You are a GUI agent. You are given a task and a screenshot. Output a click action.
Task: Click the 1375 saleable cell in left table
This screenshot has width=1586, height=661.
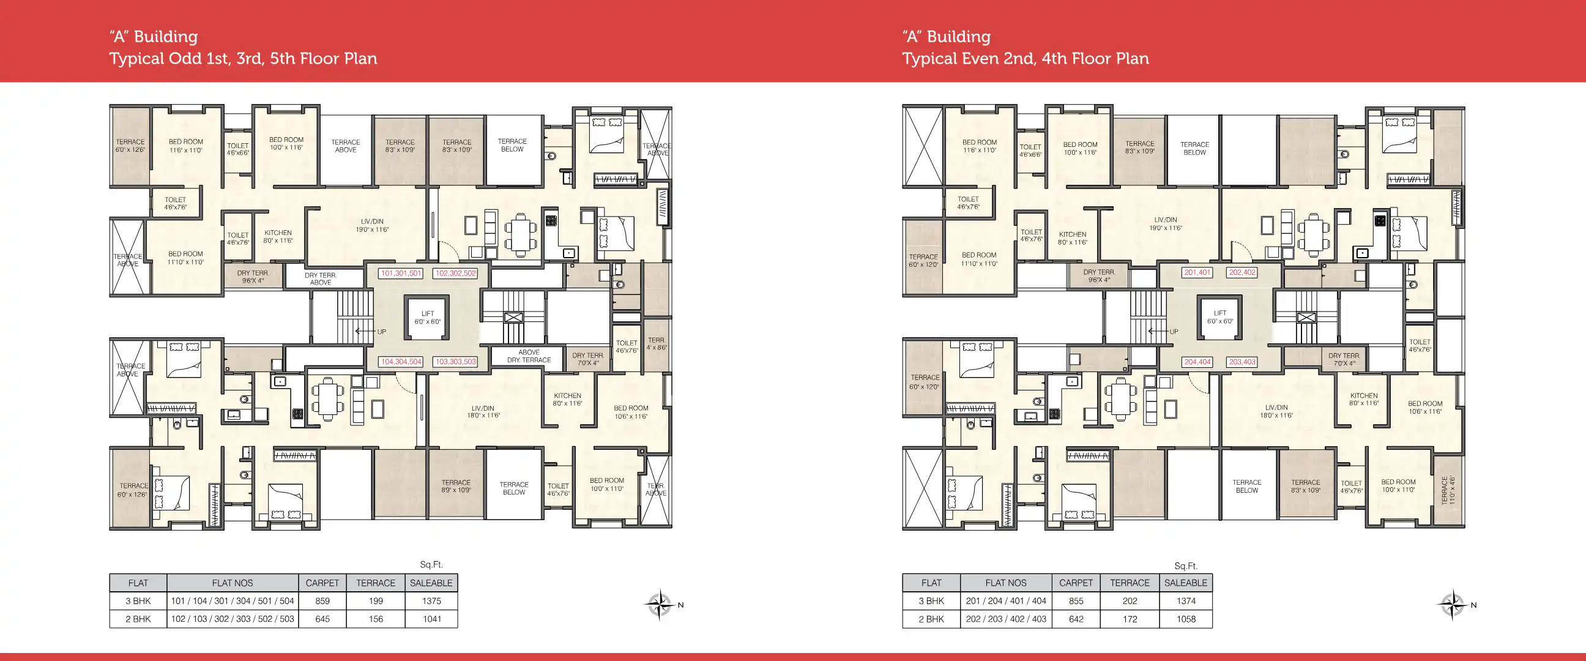(431, 600)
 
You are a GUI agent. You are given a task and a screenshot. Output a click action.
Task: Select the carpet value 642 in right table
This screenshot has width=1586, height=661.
(1076, 619)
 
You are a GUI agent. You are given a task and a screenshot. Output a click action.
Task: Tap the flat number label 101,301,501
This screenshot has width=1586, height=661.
(401, 273)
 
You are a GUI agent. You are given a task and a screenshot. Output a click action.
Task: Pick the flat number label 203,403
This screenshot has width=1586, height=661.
(1242, 362)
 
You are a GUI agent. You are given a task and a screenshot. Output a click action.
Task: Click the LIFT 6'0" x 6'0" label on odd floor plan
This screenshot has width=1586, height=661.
(427, 317)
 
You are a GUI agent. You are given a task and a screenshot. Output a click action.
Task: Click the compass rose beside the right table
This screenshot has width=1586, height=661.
(1453, 604)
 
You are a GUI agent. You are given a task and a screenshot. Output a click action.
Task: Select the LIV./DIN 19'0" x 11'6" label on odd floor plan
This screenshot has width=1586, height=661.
(372, 225)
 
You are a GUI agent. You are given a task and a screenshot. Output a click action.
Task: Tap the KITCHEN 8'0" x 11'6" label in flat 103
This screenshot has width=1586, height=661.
(567, 400)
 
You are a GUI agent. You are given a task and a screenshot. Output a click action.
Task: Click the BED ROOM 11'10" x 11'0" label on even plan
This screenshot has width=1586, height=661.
(979, 259)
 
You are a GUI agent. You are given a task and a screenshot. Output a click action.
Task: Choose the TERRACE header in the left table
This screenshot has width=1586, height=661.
(376, 583)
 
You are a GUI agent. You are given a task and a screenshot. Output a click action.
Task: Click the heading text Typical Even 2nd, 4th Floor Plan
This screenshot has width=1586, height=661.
(1025, 59)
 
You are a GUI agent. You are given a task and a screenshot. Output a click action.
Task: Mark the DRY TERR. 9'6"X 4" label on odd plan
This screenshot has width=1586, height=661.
(253, 277)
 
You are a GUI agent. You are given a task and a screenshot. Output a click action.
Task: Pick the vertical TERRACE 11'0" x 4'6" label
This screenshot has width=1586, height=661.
(1448, 490)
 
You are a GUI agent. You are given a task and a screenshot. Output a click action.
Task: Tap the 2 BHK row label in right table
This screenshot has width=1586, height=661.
(931, 619)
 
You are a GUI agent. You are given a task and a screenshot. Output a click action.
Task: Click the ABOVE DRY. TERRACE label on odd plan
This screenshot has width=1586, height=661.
(529, 356)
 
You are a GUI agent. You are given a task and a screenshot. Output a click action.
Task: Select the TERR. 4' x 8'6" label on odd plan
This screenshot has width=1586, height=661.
(657, 344)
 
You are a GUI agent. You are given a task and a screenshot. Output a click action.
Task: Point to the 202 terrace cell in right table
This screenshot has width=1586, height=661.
(1129, 600)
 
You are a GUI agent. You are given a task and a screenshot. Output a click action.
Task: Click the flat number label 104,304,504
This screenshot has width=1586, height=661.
(401, 362)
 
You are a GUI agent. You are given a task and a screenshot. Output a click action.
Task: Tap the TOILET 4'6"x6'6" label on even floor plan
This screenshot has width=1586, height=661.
(1030, 151)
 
